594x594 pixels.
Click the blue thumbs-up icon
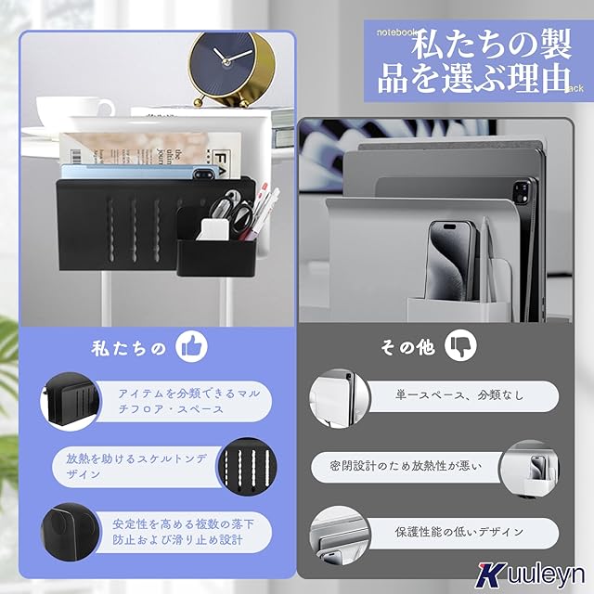pos(192,346)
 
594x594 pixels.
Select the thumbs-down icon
pos(460,344)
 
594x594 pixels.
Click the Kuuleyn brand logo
pos(530,574)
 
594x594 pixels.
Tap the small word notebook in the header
pos(397,32)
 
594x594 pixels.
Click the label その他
pos(407,346)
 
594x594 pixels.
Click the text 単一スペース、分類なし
pos(459,395)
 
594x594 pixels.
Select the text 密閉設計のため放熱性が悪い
pos(406,466)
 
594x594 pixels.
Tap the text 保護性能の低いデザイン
pos(459,532)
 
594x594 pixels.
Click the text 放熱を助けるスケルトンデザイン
pos(136,466)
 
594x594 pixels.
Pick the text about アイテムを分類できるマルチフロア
pos(189,401)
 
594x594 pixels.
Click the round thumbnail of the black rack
pos(71,401)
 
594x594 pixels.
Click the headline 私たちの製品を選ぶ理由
pos(474,61)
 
